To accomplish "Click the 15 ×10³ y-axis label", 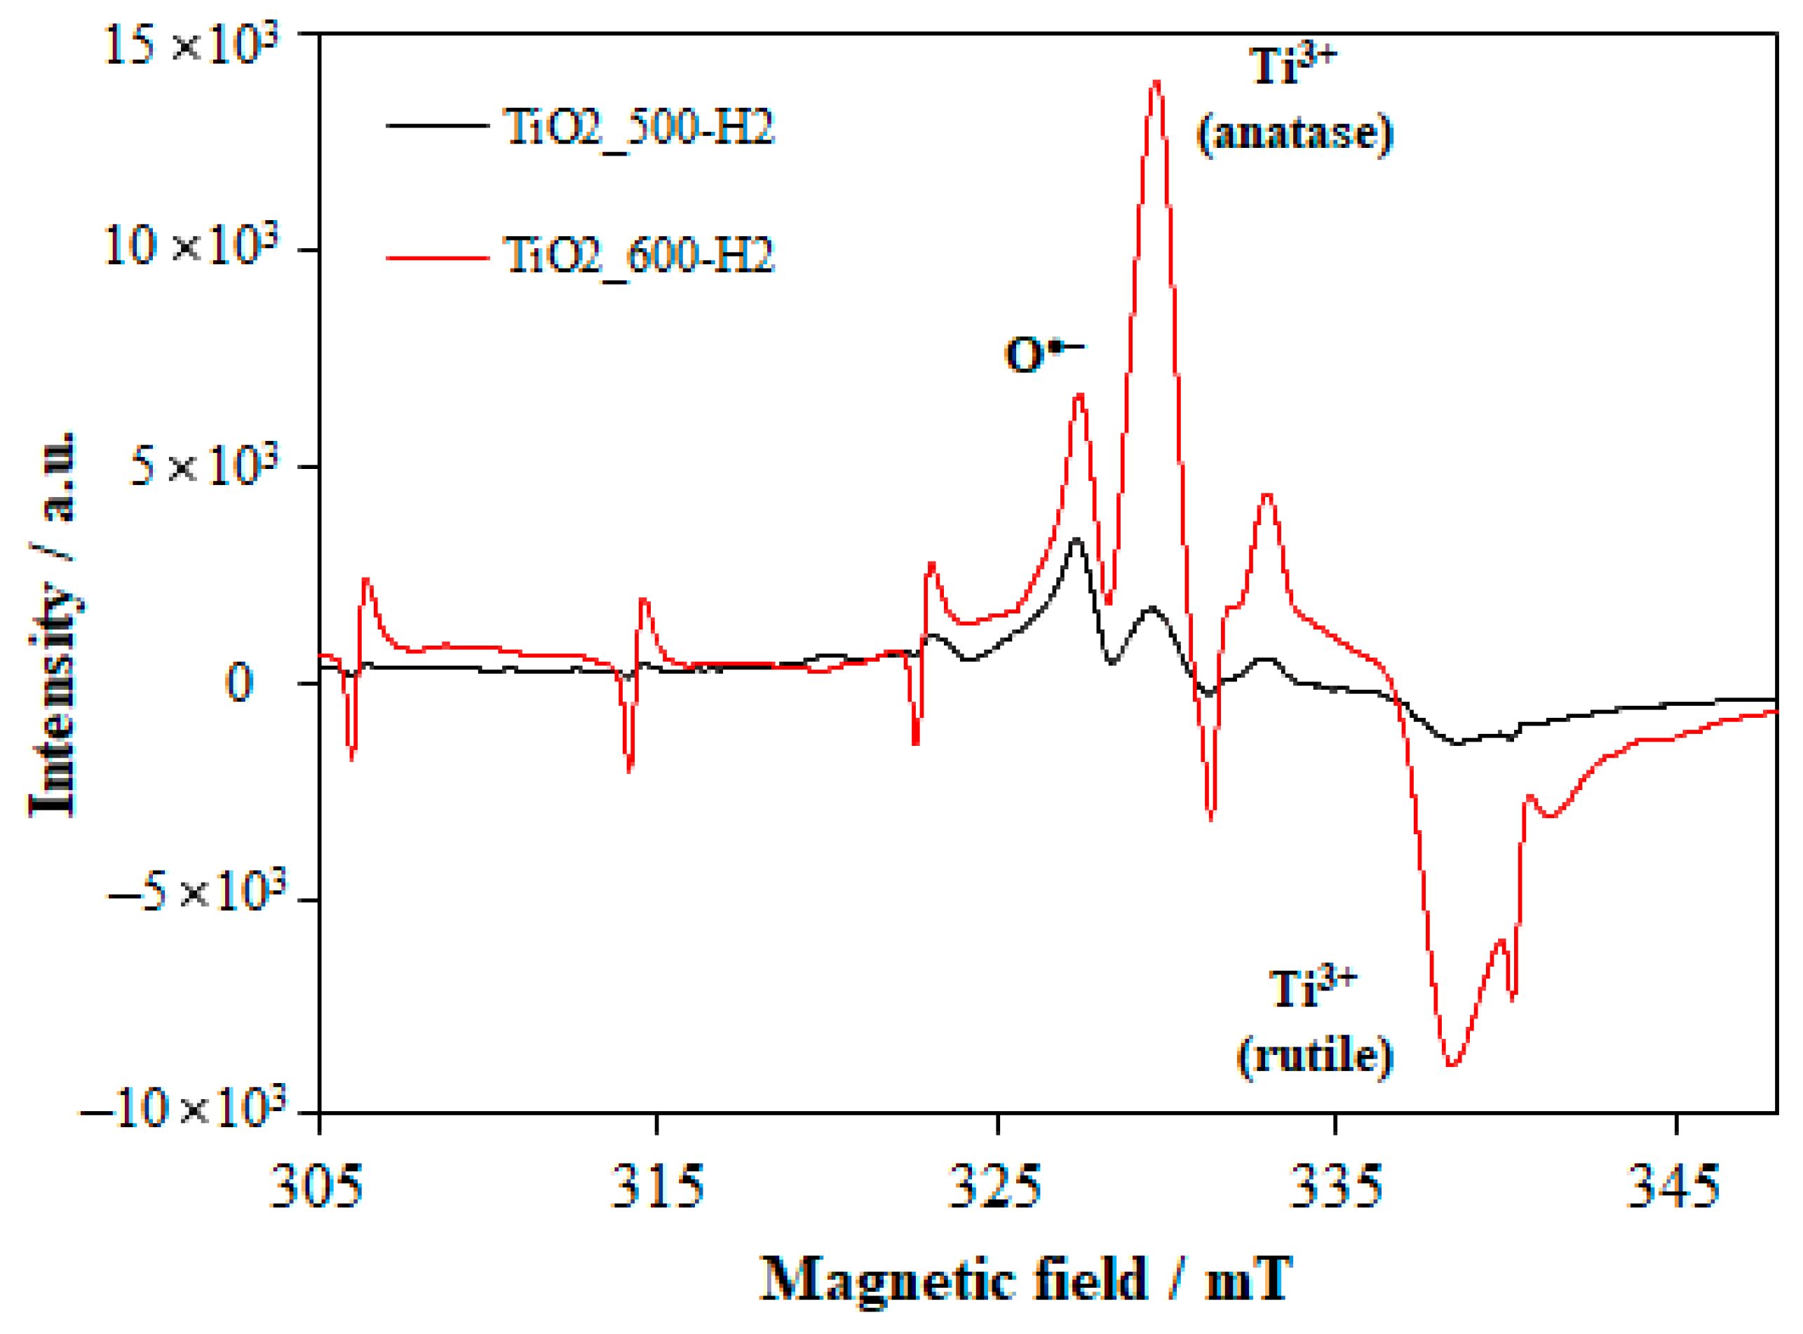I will tap(191, 44).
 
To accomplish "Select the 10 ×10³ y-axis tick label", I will tap(191, 244).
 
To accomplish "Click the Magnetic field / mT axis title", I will tap(1026, 1280).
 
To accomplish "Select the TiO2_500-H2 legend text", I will tap(638, 128).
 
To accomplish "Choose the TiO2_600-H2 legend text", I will tap(638, 256).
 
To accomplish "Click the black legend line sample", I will tap(437, 126).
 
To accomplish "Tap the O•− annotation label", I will tap(1042, 354).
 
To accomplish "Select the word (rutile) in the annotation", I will tap(1315, 1056).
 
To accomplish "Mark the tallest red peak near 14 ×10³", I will tap(1156, 82).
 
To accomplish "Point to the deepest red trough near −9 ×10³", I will tap(1452, 1065).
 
